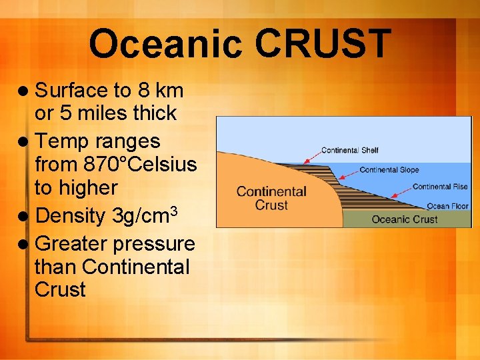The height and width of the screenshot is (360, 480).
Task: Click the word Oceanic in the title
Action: (x=167, y=44)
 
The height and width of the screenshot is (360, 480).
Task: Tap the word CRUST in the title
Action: (x=323, y=44)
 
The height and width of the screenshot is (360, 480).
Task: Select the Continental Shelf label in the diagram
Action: (x=349, y=150)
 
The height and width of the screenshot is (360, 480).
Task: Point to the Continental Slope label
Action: (x=389, y=170)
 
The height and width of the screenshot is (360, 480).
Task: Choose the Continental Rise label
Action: (x=440, y=187)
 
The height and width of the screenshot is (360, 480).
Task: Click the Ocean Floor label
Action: (x=447, y=206)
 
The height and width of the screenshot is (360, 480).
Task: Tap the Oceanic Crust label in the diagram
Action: (x=405, y=219)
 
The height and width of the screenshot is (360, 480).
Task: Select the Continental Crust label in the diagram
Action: (x=271, y=197)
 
